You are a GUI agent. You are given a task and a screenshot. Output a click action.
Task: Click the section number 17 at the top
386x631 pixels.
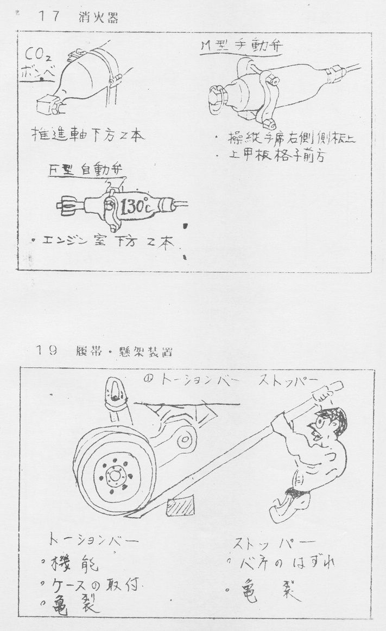[48, 17]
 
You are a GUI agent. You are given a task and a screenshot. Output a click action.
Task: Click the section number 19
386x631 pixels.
[48, 351]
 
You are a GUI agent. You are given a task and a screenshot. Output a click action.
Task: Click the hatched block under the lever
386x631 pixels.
[181, 508]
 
